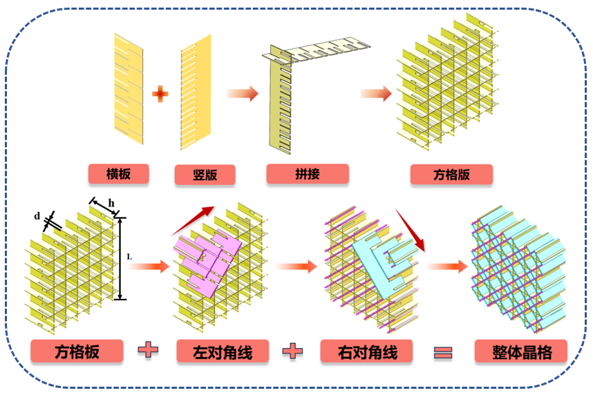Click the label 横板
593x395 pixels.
(119, 173)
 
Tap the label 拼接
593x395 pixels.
(307, 173)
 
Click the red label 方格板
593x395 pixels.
(77, 351)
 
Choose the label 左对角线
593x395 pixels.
(223, 352)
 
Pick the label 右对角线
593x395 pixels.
(368, 351)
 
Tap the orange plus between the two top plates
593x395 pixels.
(160, 94)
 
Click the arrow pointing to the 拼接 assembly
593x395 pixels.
(243, 93)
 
